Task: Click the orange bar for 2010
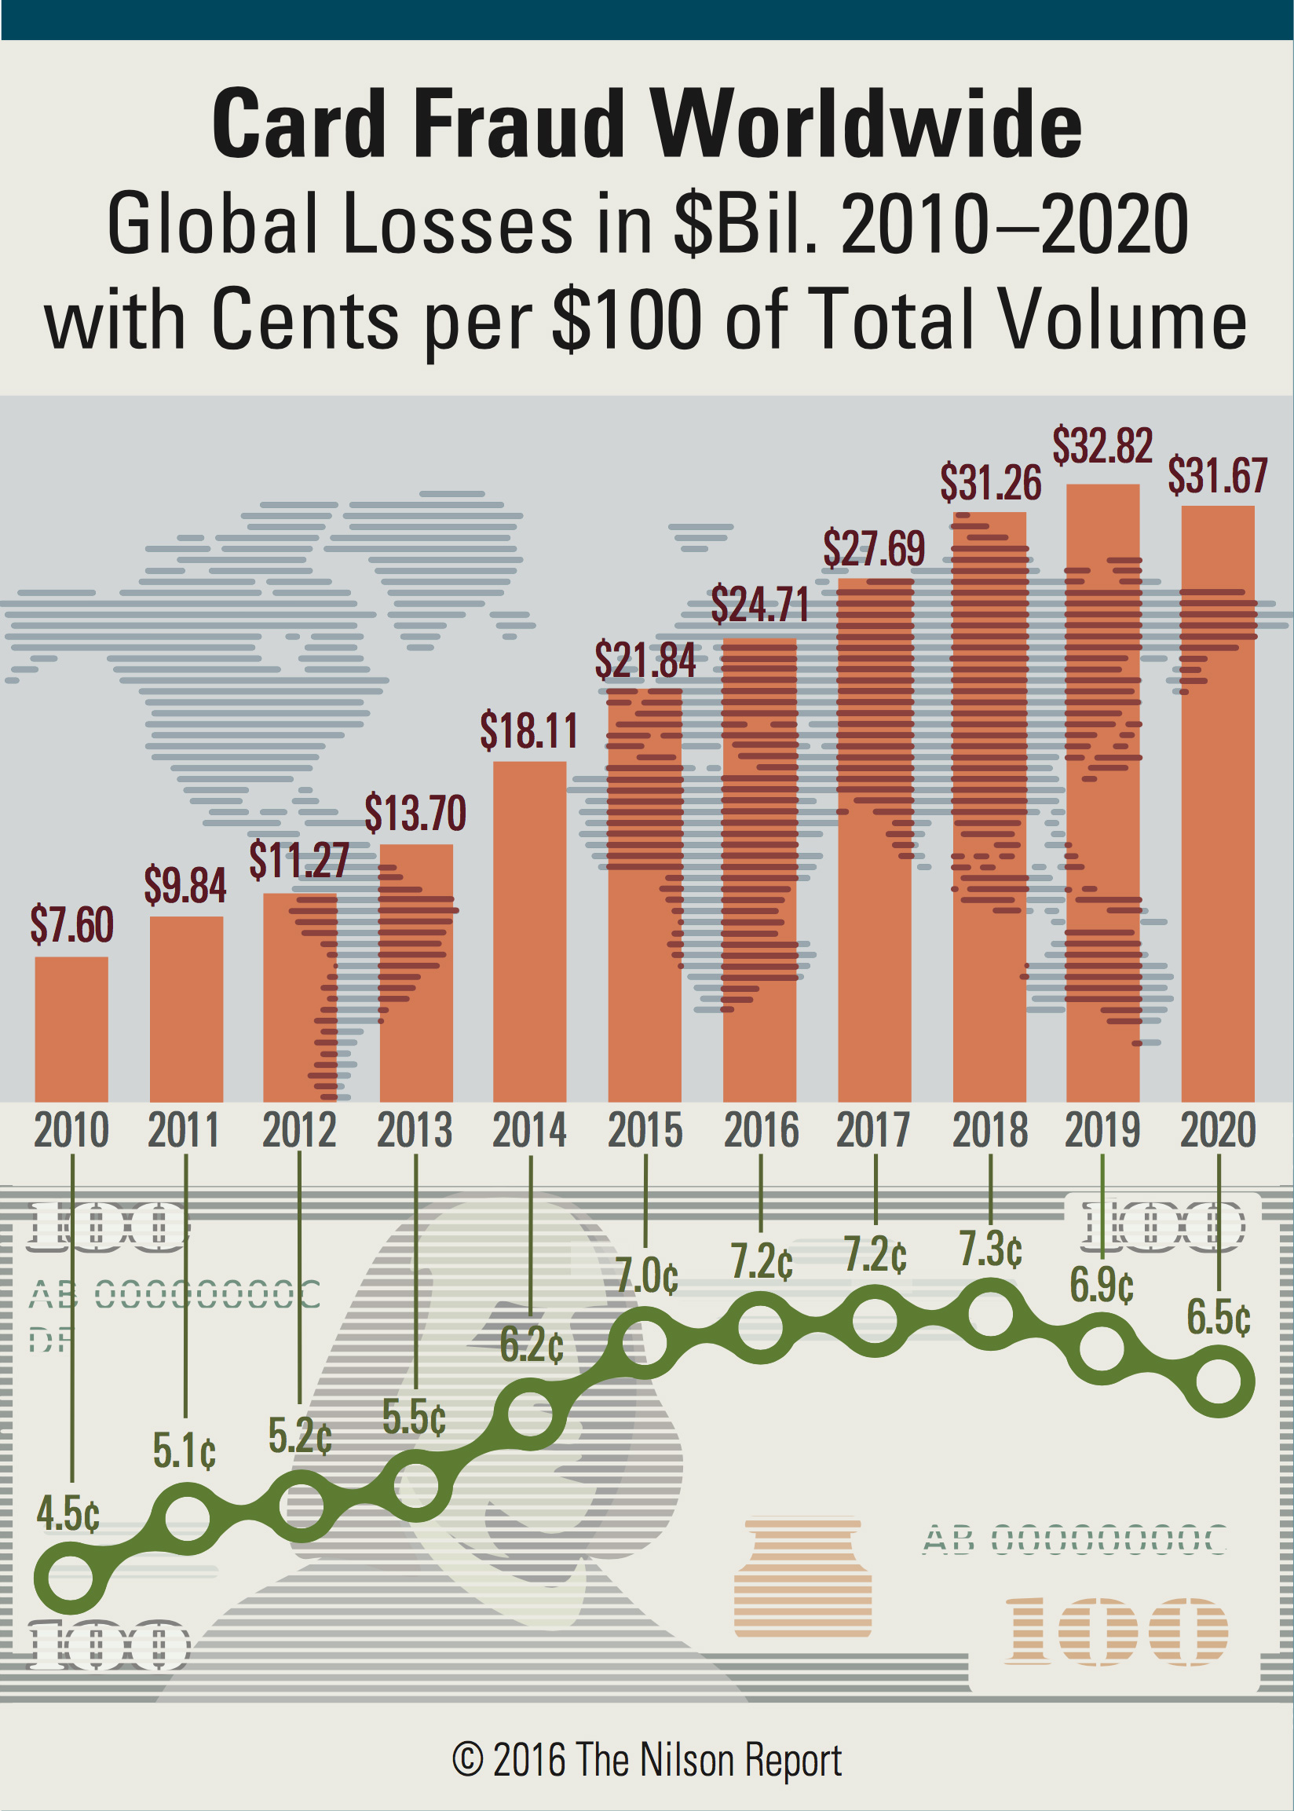(x=71, y=1029)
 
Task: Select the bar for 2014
(x=530, y=932)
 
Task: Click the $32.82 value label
(x=1102, y=446)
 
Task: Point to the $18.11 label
(x=529, y=730)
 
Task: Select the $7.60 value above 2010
(x=71, y=925)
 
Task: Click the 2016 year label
(x=761, y=1131)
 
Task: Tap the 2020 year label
(x=1218, y=1131)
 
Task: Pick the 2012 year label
(x=300, y=1131)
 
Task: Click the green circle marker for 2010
(x=71, y=1578)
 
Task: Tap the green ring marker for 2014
(x=530, y=1414)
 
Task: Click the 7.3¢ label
(x=990, y=1249)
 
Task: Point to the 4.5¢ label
(x=68, y=1513)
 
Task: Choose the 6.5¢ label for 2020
(x=1219, y=1317)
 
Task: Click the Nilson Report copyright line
(x=647, y=1759)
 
